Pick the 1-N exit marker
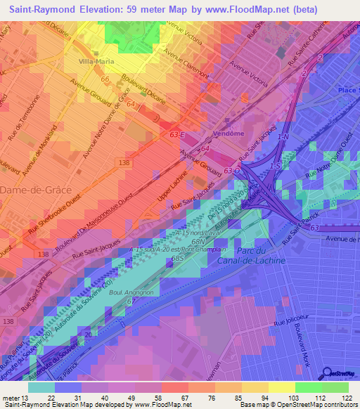point(283,136)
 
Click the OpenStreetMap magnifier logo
point(328,374)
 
